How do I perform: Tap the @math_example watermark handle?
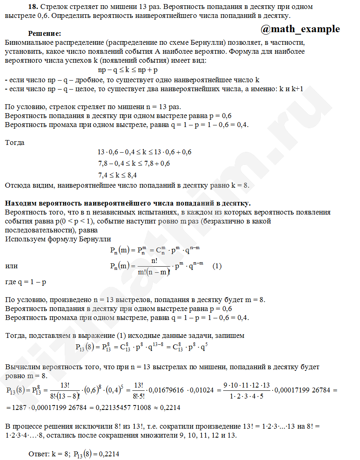[300, 28]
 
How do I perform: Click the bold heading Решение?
[44, 33]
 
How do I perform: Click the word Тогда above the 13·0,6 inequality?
[15, 142]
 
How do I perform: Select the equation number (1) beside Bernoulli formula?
[217, 266]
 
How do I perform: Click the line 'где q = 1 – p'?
[26, 282]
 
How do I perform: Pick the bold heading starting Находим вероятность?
[127, 202]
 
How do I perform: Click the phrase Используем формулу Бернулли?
[58, 239]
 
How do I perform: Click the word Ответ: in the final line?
[40, 453]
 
